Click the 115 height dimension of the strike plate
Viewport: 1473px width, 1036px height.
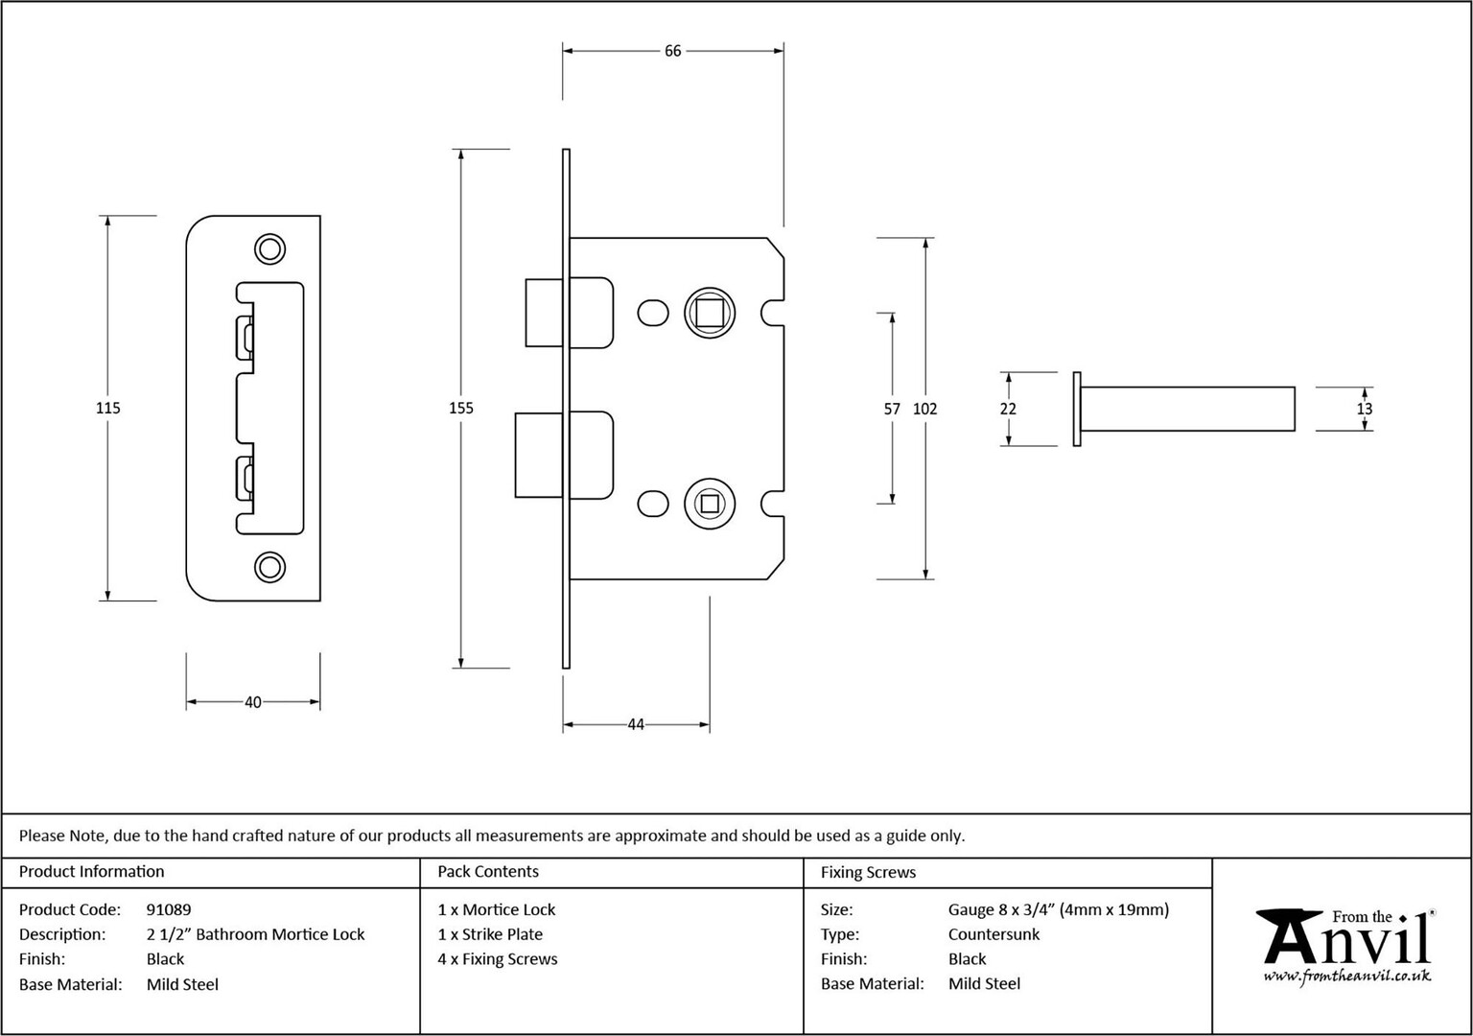tap(107, 408)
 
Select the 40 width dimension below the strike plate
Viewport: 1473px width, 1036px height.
tap(253, 702)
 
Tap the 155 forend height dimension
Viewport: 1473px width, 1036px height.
tap(461, 408)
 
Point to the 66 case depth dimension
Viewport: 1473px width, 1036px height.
tap(672, 51)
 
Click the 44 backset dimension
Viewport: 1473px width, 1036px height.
tap(636, 724)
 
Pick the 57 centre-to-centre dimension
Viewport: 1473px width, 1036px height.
tap(892, 409)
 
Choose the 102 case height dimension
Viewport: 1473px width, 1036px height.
tap(925, 409)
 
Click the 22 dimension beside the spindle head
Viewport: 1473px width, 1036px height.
tap(1008, 409)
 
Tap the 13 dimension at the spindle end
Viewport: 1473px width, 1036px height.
tap(1365, 409)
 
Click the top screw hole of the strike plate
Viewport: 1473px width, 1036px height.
tap(269, 249)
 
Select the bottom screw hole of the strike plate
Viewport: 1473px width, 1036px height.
tap(269, 567)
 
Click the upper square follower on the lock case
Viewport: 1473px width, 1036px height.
tap(710, 313)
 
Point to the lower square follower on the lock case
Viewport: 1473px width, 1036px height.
tap(710, 504)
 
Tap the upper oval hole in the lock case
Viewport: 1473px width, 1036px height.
tap(653, 313)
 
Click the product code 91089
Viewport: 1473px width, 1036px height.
tap(169, 909)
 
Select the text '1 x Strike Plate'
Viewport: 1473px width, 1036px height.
tap(491, 934)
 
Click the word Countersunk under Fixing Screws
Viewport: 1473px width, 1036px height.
tap(994, 934)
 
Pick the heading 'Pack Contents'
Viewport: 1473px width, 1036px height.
tap(488, 872)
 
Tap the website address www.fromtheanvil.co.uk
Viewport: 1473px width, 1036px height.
tap(1346, 977)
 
